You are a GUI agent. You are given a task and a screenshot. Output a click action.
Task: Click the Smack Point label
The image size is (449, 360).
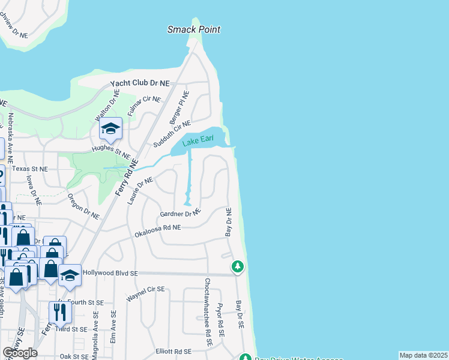pyautogui.click(x=194, y=29)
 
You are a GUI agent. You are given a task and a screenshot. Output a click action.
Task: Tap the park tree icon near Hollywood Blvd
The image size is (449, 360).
pyautogui.click(x=238, y=266)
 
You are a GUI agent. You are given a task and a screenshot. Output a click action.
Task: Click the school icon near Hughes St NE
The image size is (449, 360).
pyautogui.click(x=111, y=128)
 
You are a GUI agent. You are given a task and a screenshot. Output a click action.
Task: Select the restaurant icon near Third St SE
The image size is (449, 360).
pyautogui.click(x=59, y=312)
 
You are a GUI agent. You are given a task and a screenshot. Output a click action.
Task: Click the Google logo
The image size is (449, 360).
pyautogui.click(x=20, y=353)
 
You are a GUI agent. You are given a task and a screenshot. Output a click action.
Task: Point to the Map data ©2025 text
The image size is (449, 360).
pyautogui.click(x=423, y=355)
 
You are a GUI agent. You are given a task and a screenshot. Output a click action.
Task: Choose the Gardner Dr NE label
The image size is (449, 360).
pyautogui.click(x=179, y=214)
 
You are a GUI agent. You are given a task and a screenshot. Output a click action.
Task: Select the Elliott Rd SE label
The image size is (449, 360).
pyautogui.click(x=173, y=351)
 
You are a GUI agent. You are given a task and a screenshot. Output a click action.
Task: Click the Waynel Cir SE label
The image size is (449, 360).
pyautogui.click(x=145, y=293)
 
